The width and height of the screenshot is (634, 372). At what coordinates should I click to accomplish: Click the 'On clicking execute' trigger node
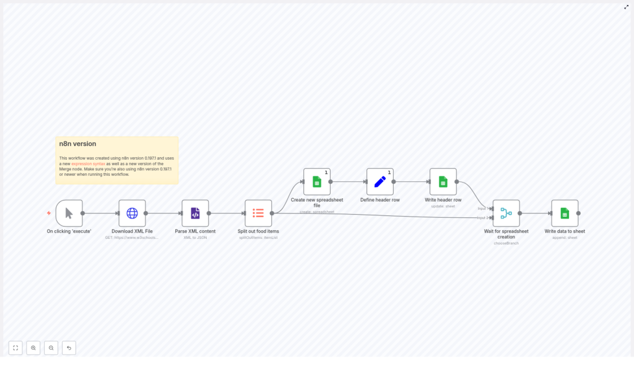[x=69, y=213]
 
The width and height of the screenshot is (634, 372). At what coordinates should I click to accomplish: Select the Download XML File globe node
[x=132, y=213]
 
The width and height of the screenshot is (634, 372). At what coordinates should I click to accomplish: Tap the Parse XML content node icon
[x=195, y=213]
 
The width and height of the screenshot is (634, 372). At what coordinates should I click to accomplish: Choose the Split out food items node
[x=258, y=213]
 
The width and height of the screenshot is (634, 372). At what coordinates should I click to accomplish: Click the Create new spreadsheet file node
[x=316, y=181]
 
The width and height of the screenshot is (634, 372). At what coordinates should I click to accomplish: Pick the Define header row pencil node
[x=380, y=181]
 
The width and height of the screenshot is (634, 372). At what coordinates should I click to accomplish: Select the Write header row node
[x=443, y=181]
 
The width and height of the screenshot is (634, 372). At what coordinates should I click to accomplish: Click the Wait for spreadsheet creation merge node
[x=506, y=213]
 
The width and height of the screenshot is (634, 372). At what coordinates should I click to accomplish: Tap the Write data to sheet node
[x=565, y=213]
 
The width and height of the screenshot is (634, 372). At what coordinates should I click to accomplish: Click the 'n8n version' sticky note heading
[x=77, y=144]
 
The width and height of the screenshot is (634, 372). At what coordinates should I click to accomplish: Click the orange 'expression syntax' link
[x=88, y=163]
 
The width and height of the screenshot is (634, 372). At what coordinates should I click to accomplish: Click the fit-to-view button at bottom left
[x=15, y=348]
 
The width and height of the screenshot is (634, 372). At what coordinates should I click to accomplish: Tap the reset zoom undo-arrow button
[x=69, y=348]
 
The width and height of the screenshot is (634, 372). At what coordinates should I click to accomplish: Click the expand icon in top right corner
[x=626, y=7]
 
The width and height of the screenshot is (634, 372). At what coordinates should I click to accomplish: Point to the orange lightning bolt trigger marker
[x=49, y=213]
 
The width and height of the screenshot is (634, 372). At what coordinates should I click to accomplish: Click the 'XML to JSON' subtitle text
[x=195, y=238]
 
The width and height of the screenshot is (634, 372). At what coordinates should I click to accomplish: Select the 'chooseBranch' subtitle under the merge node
[x=506, y=243]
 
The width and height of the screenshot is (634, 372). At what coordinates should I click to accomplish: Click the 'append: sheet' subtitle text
[x=565, y=238]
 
